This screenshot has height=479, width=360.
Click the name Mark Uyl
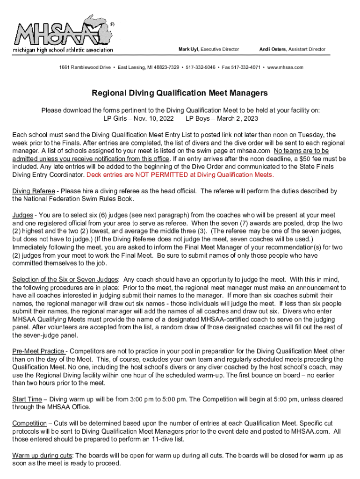188,49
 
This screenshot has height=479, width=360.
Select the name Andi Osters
273,49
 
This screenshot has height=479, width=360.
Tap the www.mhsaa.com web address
285,67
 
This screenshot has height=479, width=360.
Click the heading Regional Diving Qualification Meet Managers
180,93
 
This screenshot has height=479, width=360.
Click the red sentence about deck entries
180,175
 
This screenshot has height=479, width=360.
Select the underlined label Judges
22,215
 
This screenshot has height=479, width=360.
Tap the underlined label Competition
29,423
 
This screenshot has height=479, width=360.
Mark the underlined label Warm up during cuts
43,456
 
